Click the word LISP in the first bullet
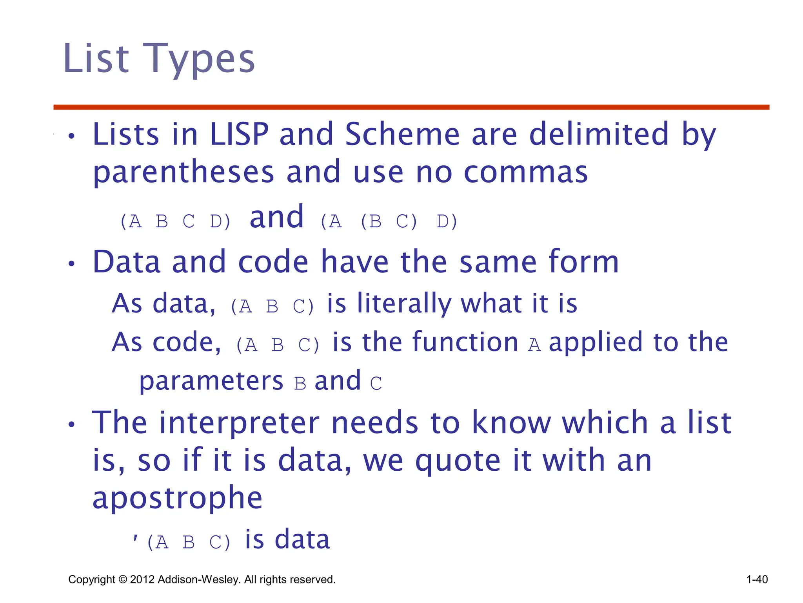239,135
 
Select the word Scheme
402,135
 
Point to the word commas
526,173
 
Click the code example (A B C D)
175,222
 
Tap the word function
440,342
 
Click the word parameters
211,381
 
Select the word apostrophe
177,498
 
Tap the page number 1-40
757,579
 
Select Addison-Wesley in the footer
199,580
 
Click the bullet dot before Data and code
71,264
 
